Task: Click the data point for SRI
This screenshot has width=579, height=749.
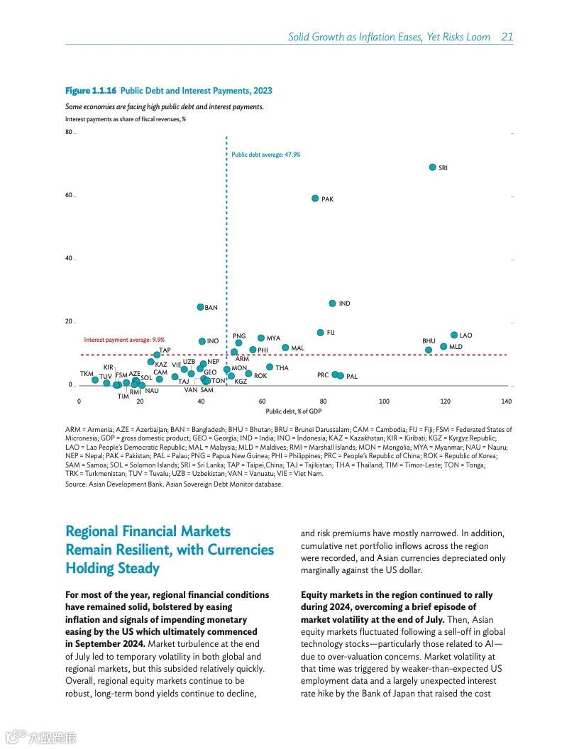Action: click(432, 167)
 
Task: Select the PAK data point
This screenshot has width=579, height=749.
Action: click(315, 199)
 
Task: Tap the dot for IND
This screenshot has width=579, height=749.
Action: click(332, 304)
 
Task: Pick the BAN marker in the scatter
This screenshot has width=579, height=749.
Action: click(201, 307)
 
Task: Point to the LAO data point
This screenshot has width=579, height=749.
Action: click(454, 335)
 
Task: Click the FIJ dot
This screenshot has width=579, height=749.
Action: click(320, 332)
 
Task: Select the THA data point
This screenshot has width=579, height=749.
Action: click(270, 367)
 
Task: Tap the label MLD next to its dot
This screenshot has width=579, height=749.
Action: click(456, 347)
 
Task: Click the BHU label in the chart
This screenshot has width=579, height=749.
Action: click(429, 341)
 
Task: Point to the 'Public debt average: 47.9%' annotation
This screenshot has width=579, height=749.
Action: click(266, 154)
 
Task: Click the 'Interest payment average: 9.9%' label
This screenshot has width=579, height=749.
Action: click(124, 340)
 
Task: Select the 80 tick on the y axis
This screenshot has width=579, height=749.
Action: click(69, 133)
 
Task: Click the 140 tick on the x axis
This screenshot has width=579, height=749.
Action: click(506, 401)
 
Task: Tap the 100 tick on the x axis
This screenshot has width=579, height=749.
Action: click(384, 401)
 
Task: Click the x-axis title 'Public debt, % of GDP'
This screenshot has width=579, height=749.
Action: click(294, 411)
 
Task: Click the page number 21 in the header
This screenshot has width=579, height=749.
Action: click(507, 37)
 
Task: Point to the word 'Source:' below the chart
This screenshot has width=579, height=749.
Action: click(76, 484)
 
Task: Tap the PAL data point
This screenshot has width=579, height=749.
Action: click(341, 376)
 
